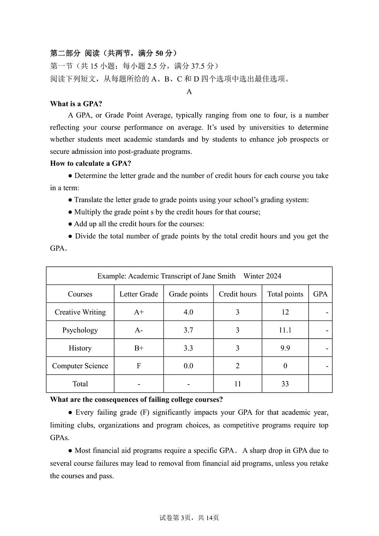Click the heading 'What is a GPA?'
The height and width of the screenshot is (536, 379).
76,104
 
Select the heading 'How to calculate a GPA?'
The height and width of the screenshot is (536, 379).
91,163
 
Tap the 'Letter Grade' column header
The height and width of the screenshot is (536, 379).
139,294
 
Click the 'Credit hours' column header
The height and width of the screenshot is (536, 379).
237,294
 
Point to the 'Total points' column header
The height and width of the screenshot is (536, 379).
285,294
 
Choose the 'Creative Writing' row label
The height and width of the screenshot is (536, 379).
80,312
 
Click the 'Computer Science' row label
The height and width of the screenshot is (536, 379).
80,366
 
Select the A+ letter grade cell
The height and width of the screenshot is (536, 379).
139,312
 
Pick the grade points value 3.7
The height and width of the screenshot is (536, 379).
188,330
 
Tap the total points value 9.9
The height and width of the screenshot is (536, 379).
285,348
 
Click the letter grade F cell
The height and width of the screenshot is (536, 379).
139,366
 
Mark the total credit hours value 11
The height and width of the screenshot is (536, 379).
237,384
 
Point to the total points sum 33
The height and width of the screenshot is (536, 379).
285,384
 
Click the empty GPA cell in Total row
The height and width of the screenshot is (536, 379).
320,384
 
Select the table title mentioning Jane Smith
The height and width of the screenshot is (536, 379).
189,276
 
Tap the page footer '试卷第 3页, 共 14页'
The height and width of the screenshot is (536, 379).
189,518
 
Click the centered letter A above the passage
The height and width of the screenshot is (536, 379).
189,92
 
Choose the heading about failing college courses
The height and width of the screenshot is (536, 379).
136,400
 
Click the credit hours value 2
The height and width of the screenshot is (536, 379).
237,366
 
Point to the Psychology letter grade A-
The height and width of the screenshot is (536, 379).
139,330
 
